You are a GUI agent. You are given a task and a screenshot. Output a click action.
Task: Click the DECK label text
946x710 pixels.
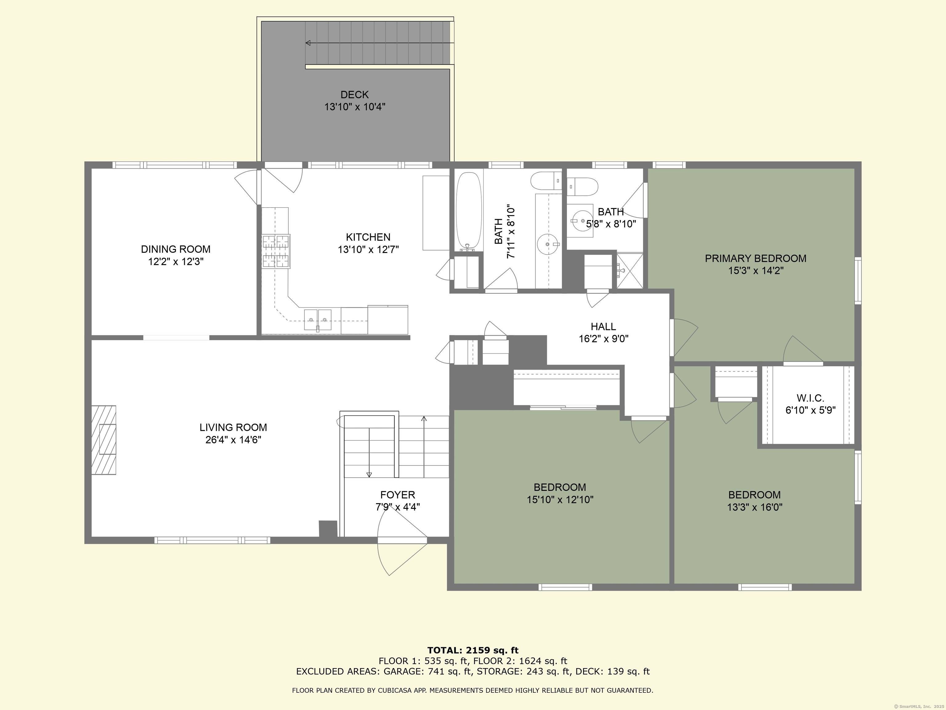pyautogui.click(x=354, y=95)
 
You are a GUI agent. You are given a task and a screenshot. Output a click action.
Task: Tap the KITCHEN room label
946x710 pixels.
pyautogui.click(x=368, y=237)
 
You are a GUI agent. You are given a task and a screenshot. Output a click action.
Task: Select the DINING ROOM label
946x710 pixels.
pyautogui.click(x=176, y=249)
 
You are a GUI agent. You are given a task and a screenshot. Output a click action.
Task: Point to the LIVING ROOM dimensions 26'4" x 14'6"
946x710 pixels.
pyautogui.click(x=233, y=439)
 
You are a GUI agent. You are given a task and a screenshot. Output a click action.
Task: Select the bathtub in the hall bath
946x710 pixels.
pyautogui.click(x=469, y=212)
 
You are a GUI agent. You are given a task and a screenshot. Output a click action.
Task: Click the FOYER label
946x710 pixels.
pyautogui.click(x=398, y=495)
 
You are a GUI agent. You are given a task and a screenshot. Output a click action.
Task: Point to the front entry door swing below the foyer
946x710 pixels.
pyautogui.click(x=402, y=556)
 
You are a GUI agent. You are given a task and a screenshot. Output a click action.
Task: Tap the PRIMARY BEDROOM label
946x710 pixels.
pyautogui.click(x=756, y=259)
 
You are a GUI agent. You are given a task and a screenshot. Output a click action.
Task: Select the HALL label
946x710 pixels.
pyautogui.click(x=604, y=327)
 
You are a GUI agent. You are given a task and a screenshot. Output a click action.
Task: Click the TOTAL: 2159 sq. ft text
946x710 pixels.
pyautogui.click(x=473, y=651)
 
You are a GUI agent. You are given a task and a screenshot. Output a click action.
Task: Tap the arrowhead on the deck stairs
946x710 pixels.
pyautogui.click(x=308, y=43)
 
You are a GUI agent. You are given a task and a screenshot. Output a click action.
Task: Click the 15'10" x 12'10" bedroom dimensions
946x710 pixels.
pyautogui.click(x=560, y=500)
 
